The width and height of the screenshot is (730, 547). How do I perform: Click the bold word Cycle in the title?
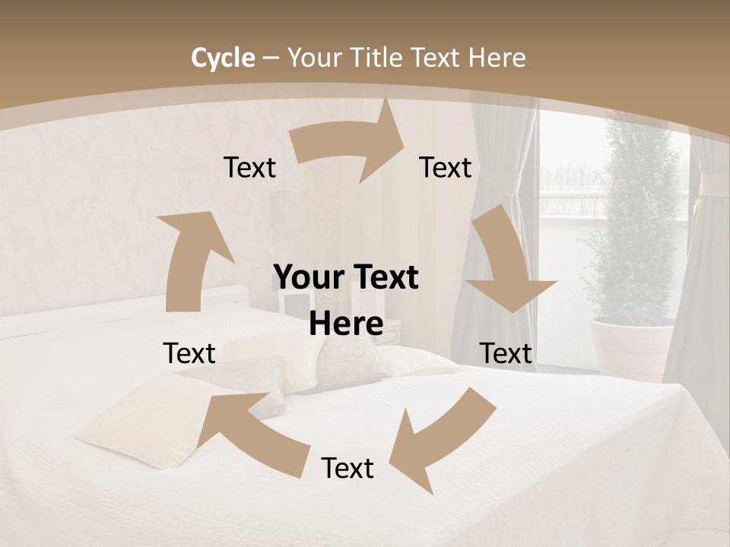pyautogui.click(x=223, y=58)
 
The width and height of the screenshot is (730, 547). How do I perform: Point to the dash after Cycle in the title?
pyautogui.click(x=271, y=58)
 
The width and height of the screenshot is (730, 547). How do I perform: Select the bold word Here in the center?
pyautogui.click(x=346, y=324)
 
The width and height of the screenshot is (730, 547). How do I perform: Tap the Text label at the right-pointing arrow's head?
pyautogui.click(x=446, y=167)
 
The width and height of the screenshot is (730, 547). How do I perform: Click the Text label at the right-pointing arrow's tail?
pyautogui.click(x=249, y=167)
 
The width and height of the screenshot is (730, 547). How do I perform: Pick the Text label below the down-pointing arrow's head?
pyautogui.click(x=506, y=353)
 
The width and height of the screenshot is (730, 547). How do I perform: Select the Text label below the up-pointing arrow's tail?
pyautogui.click(x=189, y=353)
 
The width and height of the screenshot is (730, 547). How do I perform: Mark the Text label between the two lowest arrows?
pyautogui.click(x=348, y=468)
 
